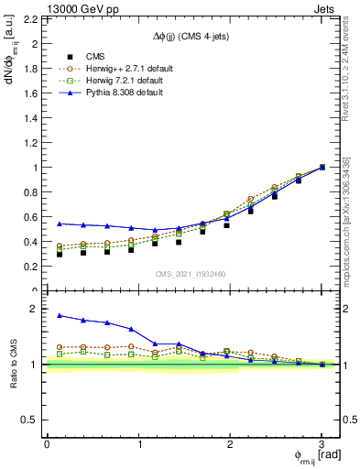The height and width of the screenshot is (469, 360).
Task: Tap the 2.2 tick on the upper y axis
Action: point(31,18)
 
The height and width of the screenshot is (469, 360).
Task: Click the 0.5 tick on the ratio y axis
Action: point(31,420)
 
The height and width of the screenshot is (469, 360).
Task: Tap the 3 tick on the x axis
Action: point(322,444)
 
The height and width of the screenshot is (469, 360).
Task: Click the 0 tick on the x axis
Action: point(47,444)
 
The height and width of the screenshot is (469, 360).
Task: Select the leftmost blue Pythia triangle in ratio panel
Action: point(60,315)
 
